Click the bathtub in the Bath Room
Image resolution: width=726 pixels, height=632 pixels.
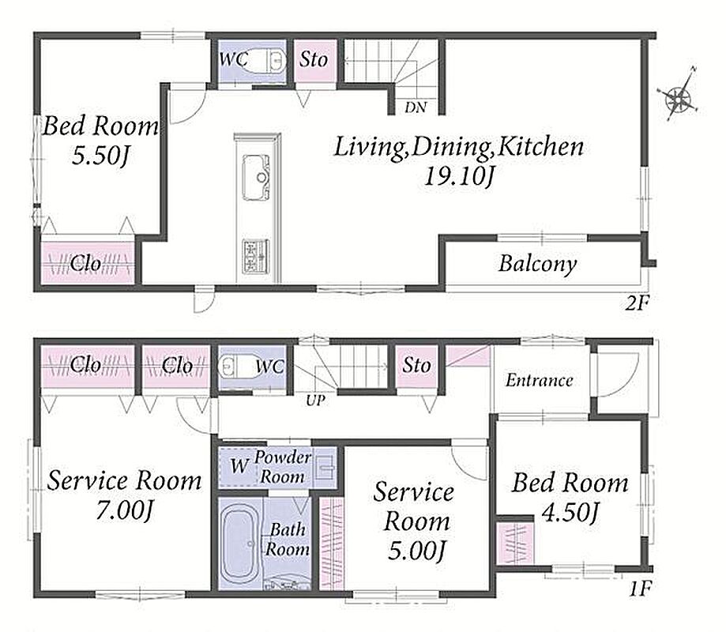240,542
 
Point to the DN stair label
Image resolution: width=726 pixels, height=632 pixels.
416,107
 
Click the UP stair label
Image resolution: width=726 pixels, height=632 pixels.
315,401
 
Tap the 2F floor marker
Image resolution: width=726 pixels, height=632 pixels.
638,303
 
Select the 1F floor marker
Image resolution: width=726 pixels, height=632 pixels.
641,589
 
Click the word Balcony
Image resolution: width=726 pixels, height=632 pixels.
537,264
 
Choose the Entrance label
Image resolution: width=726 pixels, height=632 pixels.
539,381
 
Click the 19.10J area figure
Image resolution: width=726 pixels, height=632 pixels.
459,176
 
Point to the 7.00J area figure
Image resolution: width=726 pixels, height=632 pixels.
124,511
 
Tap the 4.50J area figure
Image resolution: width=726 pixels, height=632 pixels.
570,513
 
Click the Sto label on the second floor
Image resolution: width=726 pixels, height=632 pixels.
314,59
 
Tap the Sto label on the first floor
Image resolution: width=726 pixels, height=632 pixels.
416,365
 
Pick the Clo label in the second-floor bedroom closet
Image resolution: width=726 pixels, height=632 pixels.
85,263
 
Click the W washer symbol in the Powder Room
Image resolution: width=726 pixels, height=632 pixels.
239,466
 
